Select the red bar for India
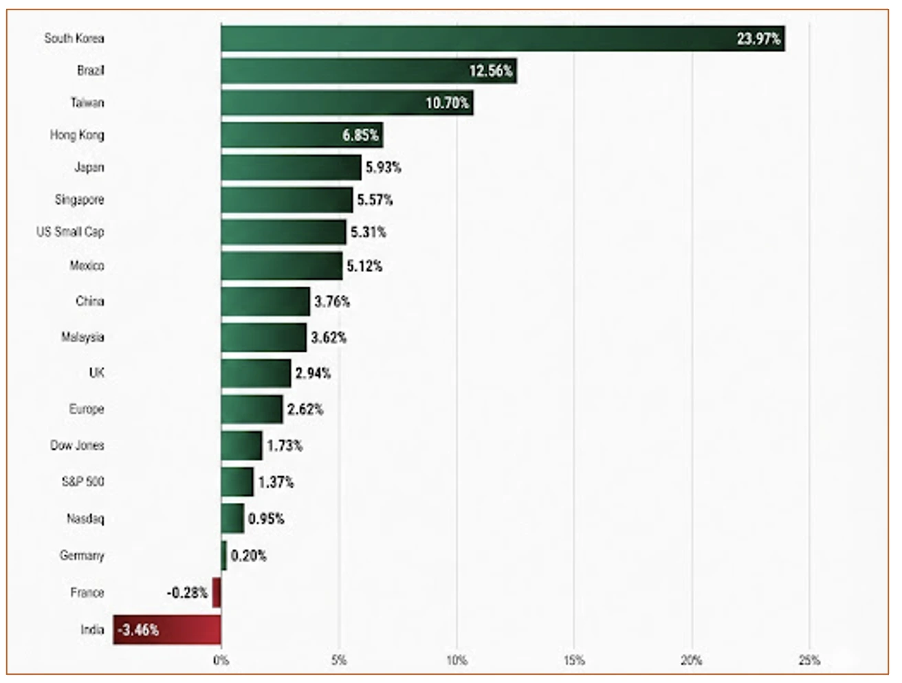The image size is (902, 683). [x=167, y=629]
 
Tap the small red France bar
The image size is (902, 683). [x=217, y=592]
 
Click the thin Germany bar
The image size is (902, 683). [x=223, y=555]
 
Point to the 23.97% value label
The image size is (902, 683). [x=758, y=39]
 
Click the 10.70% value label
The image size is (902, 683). [x=448, y=103]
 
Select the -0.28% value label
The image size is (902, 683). [x=186, y=592]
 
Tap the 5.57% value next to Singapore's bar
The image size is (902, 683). [x=375, y=200]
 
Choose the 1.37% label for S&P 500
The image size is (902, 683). [x=276, y=482]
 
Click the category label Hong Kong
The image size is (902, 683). [x=77, y=135]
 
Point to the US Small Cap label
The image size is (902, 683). [x=70, y=232]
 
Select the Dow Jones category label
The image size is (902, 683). [x=77, y=445]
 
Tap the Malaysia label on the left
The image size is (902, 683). [x=82, y=337]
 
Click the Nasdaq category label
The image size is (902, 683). [x=85, y=518]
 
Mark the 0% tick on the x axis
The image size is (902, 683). [x=221, y=660]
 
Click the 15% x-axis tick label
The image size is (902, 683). [x=574, y=660]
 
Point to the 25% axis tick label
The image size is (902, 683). [x=809, y=660]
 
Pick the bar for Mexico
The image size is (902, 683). [x=282, y=265]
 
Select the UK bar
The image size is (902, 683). [x=256, y=373]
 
